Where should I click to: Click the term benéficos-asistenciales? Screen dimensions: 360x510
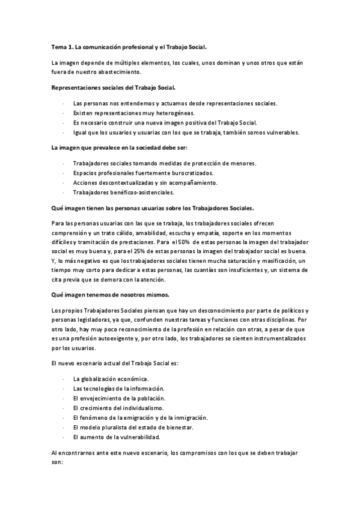[x=142, y=192]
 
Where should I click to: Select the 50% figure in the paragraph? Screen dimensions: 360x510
[x=178, y=242]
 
